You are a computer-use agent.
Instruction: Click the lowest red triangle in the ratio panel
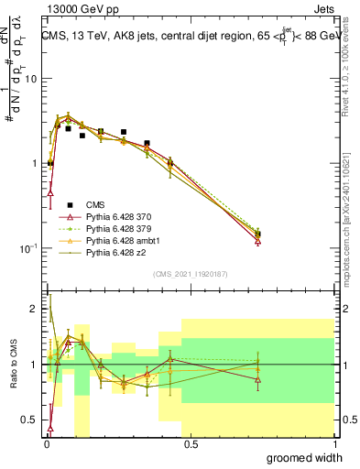point(49,428)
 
